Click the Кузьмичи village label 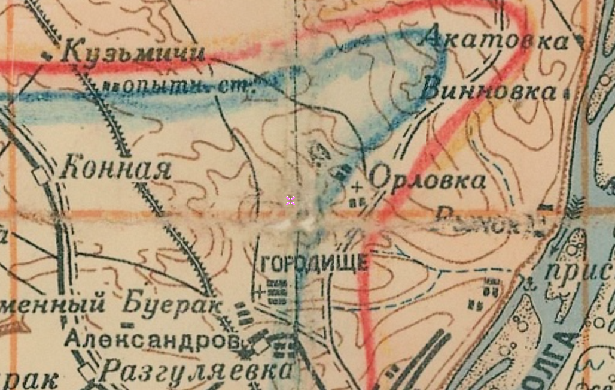[x=133, y=52]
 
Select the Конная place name [x=117, y=167]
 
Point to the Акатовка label [x=495, y=40]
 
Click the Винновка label [x=488, y=92]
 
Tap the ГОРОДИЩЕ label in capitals [x=314, y=262]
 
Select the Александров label [x=152, y=340]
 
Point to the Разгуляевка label [x=196, y=370]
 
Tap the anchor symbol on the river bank [x=528, y=281]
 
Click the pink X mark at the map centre [x=291, y=201]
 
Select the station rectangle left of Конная [x=41, y=176]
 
